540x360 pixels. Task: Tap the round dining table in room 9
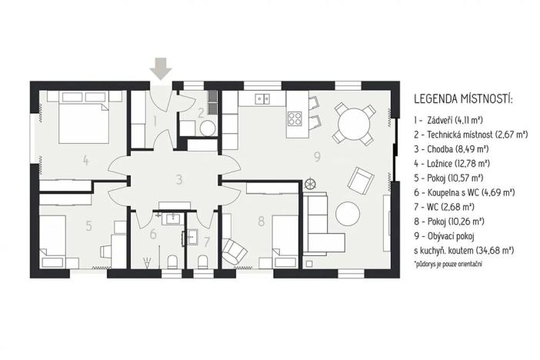tap(353, 122)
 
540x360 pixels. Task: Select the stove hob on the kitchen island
tap(295, 118)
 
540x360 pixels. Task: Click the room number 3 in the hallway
tap(178, 180)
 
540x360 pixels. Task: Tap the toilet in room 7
tap(202, 260)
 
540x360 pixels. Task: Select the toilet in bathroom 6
tap(174, 259)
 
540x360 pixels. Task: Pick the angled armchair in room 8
tap(232, 250)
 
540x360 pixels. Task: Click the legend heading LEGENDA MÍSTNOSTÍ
tap(463, 99)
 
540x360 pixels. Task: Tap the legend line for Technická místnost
tap(470, 134)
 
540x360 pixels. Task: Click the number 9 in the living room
tap(317, 158)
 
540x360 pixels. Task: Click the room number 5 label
tap(89, 226)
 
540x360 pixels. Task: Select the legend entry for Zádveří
tap(447, 119)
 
